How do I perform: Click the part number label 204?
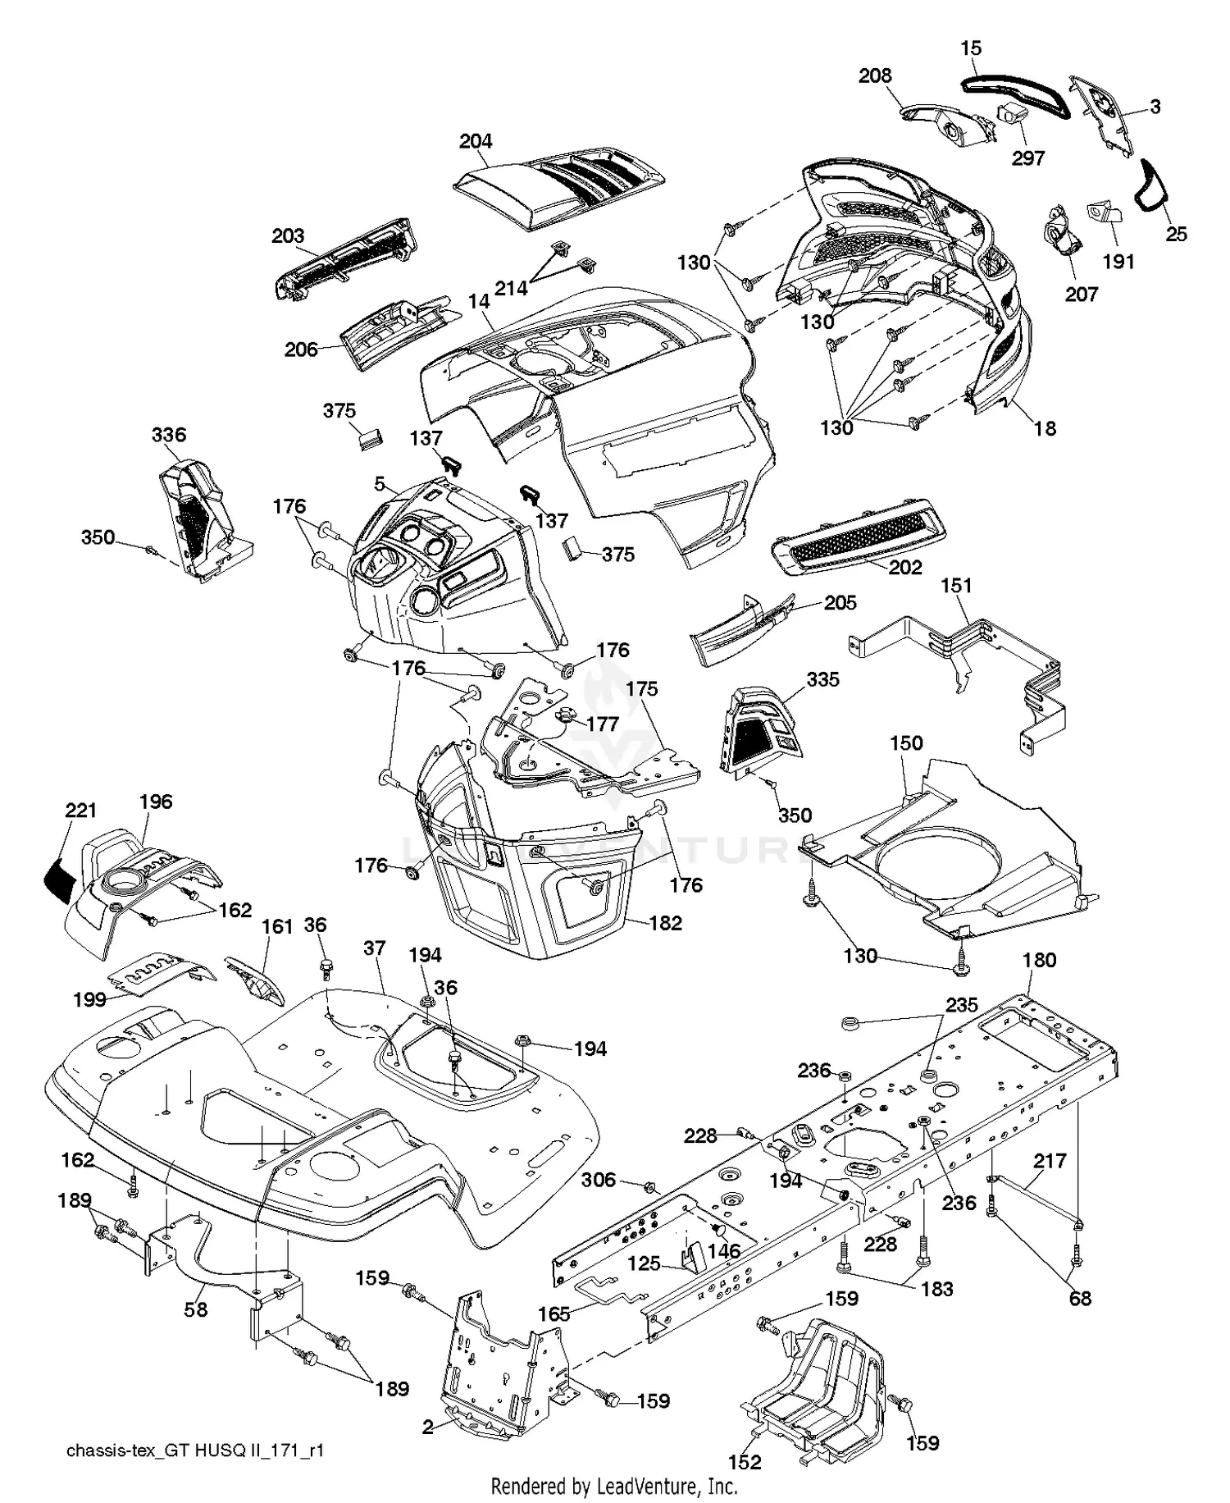coord(476,141)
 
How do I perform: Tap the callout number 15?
coord(971,48)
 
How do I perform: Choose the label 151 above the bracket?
coord(956,586)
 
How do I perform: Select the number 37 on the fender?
coord(375,948)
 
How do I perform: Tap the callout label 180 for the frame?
coord(1040,960)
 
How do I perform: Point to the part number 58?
coord(195,1310)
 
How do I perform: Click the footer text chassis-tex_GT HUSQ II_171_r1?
coord(195,1450)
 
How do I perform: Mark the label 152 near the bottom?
coord(744,1462)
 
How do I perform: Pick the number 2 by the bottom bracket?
coord(428,1428)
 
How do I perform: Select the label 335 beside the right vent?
coord(822,679)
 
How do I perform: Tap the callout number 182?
coord(665,923)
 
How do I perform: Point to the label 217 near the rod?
coord(1050,1161)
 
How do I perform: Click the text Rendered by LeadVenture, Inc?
coord(614,1486)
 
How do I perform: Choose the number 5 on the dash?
coord(380,484)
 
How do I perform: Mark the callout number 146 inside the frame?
coord(724,1251)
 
